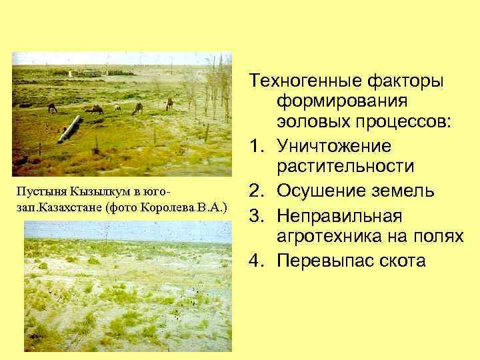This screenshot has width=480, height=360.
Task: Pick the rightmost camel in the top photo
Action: [x=169, y=103]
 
